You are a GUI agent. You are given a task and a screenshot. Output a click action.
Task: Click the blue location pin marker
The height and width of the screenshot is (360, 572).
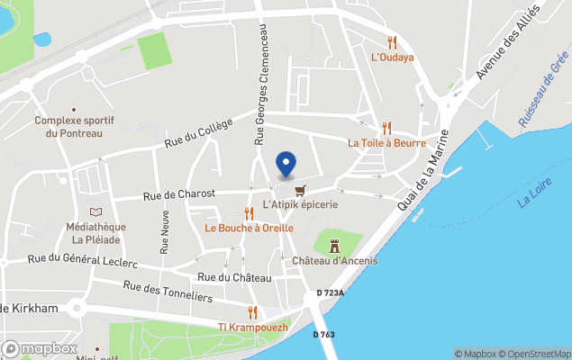tap(286, 164)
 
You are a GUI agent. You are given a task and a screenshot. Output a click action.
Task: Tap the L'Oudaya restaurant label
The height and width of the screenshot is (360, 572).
tap(393, 58)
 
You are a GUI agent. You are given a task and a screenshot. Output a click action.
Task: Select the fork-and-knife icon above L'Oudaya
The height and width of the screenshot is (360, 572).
tap(392, 41)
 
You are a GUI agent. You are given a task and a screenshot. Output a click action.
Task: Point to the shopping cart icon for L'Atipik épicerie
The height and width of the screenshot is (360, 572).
tap(300, 189)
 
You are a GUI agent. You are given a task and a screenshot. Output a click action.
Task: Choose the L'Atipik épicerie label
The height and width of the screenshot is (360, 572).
tap(300, 205)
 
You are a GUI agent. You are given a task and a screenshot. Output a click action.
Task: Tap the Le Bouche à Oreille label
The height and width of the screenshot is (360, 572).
tap(249, 229)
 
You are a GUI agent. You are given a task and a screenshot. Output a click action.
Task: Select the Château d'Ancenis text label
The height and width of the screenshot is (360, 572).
tap(335, 261)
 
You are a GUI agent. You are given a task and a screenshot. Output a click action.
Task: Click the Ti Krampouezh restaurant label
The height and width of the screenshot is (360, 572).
tap(253, 328)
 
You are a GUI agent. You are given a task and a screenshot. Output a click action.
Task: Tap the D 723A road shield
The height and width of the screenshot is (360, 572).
tap(332, 293)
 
